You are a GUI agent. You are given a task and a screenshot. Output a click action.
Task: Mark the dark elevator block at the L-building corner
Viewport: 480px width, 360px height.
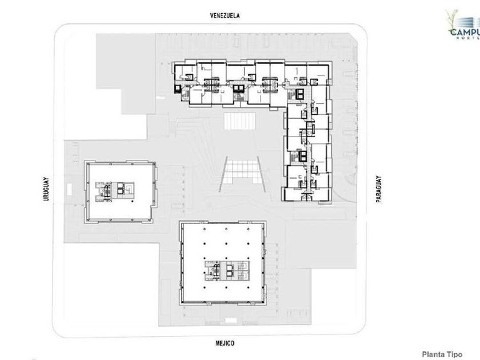click(300, 94)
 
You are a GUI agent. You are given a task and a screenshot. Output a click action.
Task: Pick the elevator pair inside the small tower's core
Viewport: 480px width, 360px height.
click(122, 188)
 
